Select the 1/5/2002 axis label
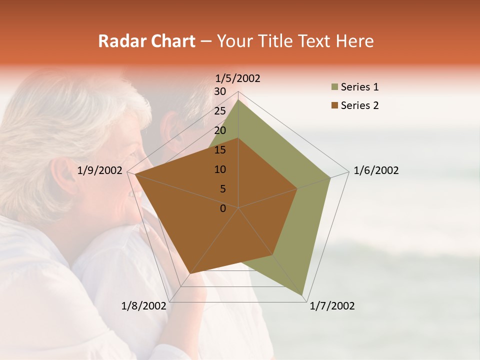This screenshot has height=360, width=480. point(238,78)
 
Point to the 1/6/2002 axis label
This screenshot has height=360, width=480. point(376,170)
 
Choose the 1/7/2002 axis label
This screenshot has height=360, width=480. point(332,306)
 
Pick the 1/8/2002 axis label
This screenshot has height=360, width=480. point(144,306)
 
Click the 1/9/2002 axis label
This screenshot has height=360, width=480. point(100,170)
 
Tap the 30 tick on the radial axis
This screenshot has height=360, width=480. point(219,91)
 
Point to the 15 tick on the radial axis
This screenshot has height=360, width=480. point(219,150)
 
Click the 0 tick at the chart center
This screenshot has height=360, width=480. point(223,208)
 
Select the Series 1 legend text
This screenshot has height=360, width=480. point(359,87)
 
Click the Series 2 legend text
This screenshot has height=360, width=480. point(359,105)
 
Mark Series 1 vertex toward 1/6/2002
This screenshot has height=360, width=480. point(330,177)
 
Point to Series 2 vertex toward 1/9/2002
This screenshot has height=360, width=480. point(135,174)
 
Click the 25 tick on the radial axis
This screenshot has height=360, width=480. point(219,111)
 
